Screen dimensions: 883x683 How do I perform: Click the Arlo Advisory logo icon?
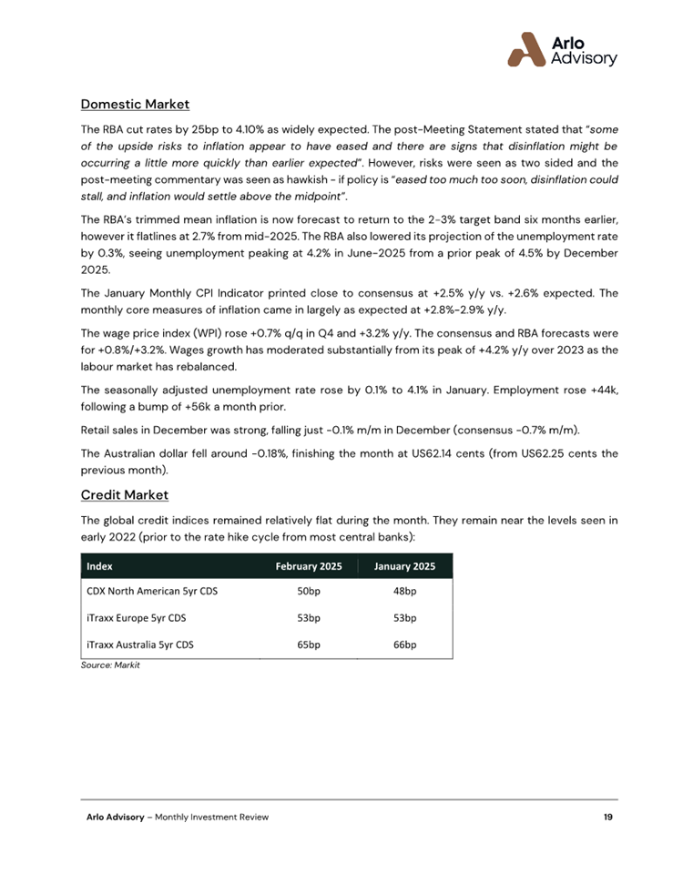pos(527,50)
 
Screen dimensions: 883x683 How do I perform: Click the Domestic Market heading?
pos(135,104)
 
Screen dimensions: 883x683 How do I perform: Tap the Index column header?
pos(99,566)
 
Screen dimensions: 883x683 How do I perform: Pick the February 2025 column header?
pos(309,566)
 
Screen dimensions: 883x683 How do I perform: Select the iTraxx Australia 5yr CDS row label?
pos(140,644)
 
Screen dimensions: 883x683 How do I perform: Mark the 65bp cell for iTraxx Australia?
pos(309,644)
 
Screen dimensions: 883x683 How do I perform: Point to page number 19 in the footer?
pos(607,817)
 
